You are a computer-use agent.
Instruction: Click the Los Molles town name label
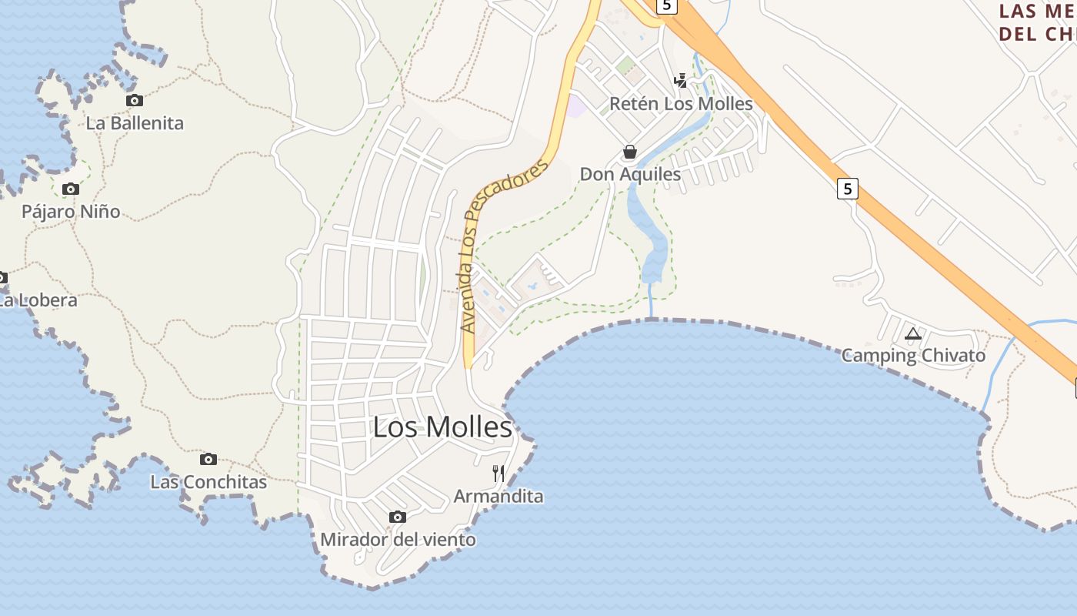442,427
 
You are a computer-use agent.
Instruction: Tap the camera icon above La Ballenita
135,100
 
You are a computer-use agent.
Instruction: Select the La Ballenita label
135,123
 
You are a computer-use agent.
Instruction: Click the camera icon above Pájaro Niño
71,189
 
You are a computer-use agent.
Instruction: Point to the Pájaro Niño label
71,212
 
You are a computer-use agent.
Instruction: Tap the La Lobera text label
37,300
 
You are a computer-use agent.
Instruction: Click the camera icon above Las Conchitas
208,459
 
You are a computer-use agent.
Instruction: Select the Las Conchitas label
208,483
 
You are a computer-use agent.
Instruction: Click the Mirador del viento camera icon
398,517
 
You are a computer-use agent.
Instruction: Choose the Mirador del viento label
398,540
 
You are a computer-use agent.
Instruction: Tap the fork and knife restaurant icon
498,473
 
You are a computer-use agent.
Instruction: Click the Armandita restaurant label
498,497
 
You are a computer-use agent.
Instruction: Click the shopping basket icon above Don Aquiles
630,152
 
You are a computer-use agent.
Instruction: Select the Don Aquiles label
630,175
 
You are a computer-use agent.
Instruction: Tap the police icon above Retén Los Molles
681,80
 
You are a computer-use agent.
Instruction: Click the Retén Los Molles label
681,104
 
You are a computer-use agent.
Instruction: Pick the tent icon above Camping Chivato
913,333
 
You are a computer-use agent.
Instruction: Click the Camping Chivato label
913,356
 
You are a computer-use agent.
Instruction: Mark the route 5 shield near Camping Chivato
847,188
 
